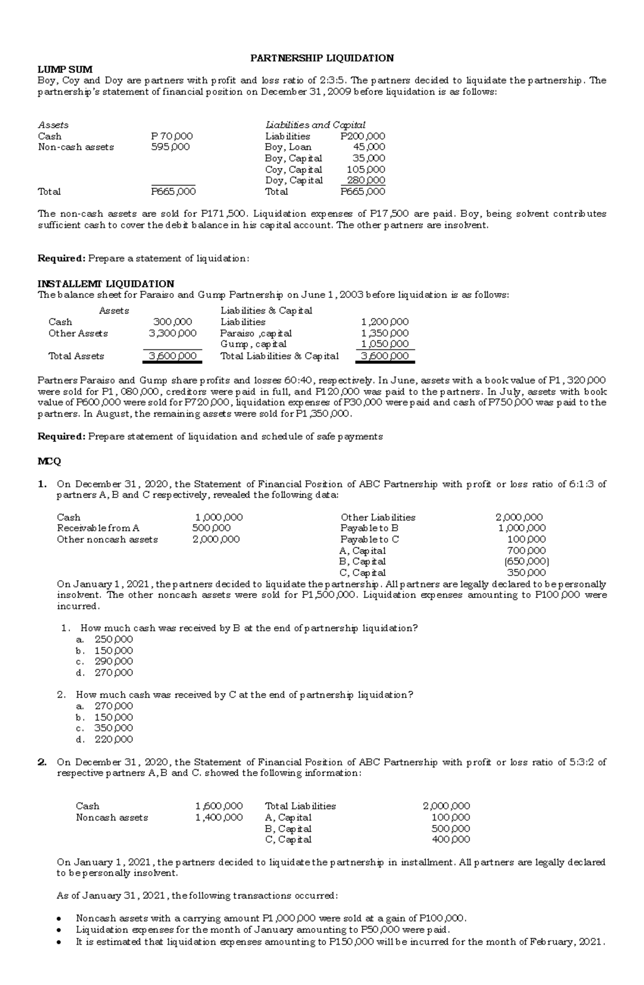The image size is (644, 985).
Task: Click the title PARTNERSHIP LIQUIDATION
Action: tap(323, 58)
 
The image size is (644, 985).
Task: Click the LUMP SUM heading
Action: tap(65, 69)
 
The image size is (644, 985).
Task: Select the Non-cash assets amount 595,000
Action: tap(170, 147)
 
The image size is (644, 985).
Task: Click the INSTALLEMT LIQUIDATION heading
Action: tap(106, 283)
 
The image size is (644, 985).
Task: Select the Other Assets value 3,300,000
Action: tap(172, 333)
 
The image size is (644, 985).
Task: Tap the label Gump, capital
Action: tap(253, 344)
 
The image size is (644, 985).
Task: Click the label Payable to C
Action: tap(369, 539)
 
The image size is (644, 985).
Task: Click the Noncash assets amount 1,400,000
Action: tap(218, 818)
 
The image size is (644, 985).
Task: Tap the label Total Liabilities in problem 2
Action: tap(300, 806)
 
